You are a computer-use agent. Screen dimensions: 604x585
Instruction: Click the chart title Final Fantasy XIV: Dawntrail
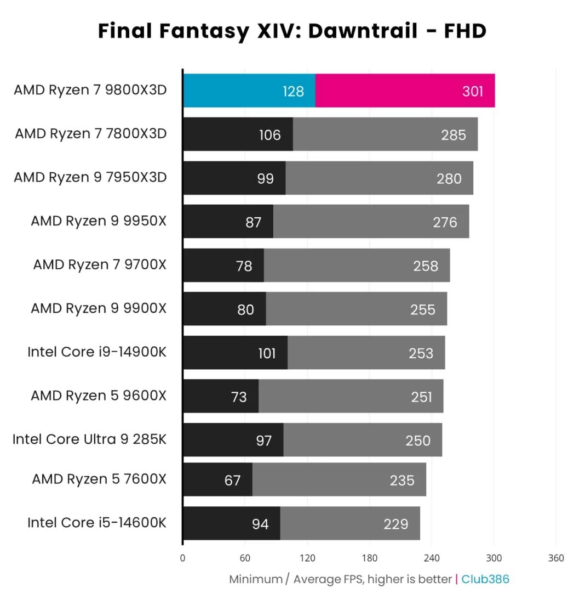[x=292, y=31]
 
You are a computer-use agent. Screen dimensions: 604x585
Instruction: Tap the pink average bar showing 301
[x=405, y=91]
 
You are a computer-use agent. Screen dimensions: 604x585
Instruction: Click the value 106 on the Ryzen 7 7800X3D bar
[x=269, y=134]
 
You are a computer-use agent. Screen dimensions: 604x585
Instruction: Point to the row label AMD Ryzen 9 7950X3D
[x=90, y=177]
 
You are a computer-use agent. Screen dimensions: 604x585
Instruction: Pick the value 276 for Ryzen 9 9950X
[x=445, y=222]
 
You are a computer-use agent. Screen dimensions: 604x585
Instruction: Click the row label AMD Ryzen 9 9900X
[x=98, y=308]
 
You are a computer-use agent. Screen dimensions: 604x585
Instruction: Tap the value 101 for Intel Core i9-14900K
[x=267, y=353]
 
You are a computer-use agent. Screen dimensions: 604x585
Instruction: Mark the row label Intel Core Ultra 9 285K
[x=89, y=439]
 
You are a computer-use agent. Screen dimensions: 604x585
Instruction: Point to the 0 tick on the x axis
[x=182, y=558]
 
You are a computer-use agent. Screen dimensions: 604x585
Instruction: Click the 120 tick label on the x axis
[x=307, y=558]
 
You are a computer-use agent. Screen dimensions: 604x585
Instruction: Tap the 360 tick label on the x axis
[x=555, y=558]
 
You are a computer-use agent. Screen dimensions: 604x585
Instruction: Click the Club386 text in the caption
[x=485, y=579]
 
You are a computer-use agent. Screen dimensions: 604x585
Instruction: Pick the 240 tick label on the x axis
[x=431, y=558]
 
